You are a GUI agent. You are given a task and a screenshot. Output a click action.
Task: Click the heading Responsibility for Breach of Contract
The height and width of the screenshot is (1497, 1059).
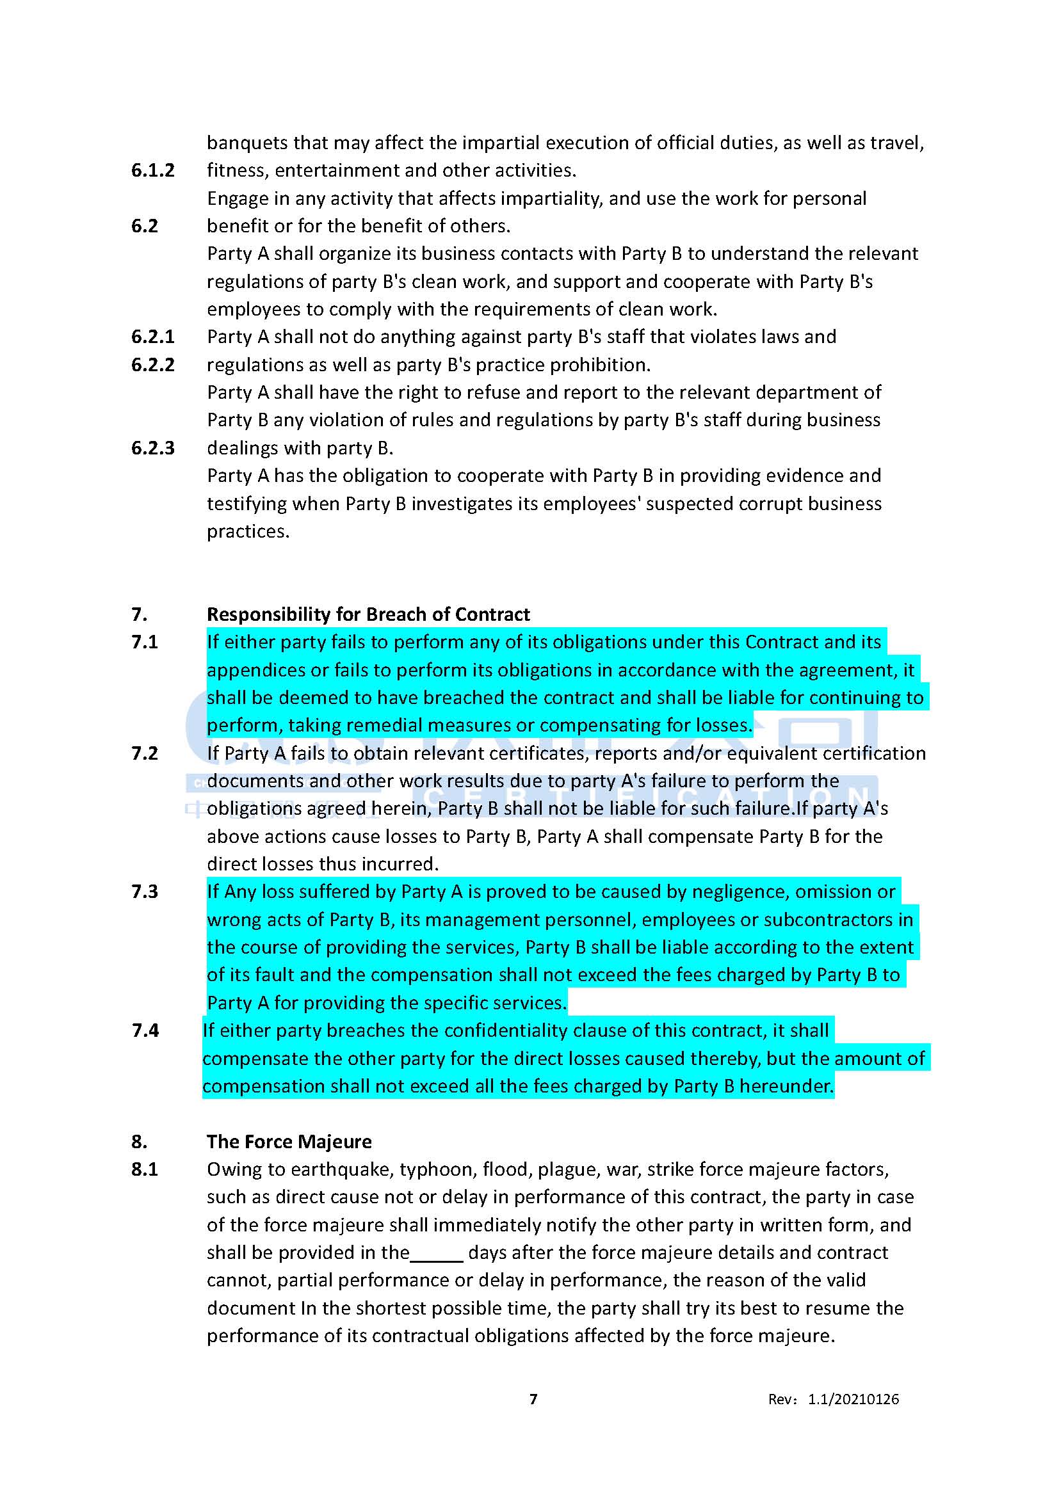tap(368, 614)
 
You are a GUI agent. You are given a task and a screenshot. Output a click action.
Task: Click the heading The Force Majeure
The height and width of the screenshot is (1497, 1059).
tap(289, 1141)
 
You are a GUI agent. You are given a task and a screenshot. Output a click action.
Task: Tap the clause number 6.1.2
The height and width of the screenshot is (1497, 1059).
tap(152, 170)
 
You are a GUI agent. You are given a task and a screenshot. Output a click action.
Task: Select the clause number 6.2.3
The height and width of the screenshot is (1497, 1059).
tap(152, 448)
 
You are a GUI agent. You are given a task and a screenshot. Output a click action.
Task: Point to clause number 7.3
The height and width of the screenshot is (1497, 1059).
tap(145, 892)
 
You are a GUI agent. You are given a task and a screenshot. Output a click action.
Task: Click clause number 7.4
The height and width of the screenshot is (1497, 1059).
tap(145, 1030)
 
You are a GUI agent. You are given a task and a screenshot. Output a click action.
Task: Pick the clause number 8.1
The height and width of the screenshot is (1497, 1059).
tap(145, 1169)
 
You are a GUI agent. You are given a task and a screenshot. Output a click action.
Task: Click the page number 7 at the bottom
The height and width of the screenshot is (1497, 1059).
tap(533, 1398)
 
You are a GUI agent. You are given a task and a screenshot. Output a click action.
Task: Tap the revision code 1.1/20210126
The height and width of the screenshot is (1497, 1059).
tap(853, 1399)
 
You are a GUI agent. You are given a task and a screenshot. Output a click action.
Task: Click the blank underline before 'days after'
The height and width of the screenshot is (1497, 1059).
tap(437, 1253)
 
